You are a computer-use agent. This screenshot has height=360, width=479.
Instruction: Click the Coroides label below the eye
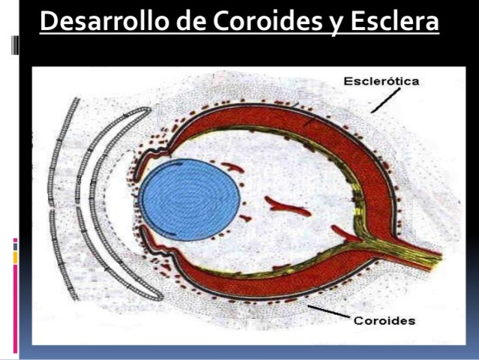point(385,321)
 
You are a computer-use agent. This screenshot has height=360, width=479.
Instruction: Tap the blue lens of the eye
point(189,200)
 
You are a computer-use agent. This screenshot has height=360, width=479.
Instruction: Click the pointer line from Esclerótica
point(385,100)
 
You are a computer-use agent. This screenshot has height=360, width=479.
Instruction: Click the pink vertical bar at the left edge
point(15,300)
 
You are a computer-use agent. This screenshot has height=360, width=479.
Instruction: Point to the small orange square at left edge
point(15,257)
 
